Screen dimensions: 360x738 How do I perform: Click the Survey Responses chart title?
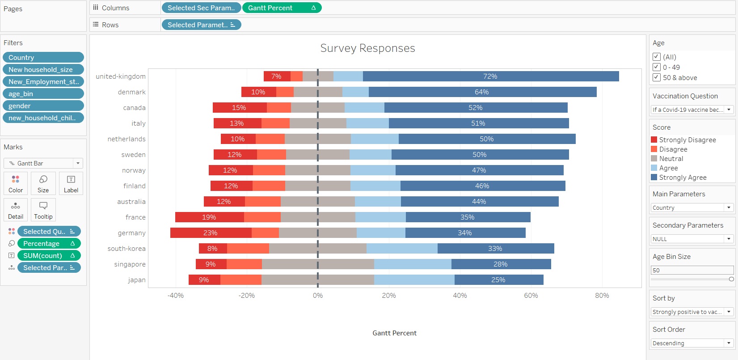pyautogui.click(x=367, y=48)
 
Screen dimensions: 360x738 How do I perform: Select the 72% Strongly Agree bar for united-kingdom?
pyautogui.click(x=490, y=76)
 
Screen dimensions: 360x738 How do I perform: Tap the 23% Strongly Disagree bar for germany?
pyautogui.click(x=211, y=233)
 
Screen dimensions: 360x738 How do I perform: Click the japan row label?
pyautogui.click(x=137, y=280)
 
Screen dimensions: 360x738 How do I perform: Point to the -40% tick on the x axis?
pyautogui.click(x=176, y=296)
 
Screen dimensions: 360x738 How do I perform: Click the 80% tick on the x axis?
pyautogui.click(x=602, y=296)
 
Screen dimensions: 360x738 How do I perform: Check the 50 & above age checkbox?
pyautogui.click(x=657, y=77)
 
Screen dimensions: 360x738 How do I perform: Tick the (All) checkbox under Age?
pyautogui.click(x=657, y=57)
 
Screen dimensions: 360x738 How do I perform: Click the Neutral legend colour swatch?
pyautogui.click(x=654, y=159)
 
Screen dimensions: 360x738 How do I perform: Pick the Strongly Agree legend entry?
pyautogui.click(x=683, y=178)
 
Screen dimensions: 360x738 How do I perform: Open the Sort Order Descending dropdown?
pyautogui.click(x=692, y=343)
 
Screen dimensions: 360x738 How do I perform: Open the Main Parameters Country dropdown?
pyautogui.click(x=692, y=208)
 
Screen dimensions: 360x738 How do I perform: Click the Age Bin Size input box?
pyautogui.click(x=692, y=270)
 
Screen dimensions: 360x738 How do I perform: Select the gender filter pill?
pyautogui.click(x=43, y=106)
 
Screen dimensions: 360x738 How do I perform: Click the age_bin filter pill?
pyautogui.click(x=43, y=94)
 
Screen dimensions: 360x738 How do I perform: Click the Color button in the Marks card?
pyautogui.click(x=16, y=183)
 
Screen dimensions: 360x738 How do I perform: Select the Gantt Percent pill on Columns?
pyautogui.click(x=282, y=8)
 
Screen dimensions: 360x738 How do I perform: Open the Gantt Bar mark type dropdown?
pyautogui.click(x=43, y=163)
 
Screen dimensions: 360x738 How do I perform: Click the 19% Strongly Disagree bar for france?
pyautogui.click(x=209, y=217)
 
